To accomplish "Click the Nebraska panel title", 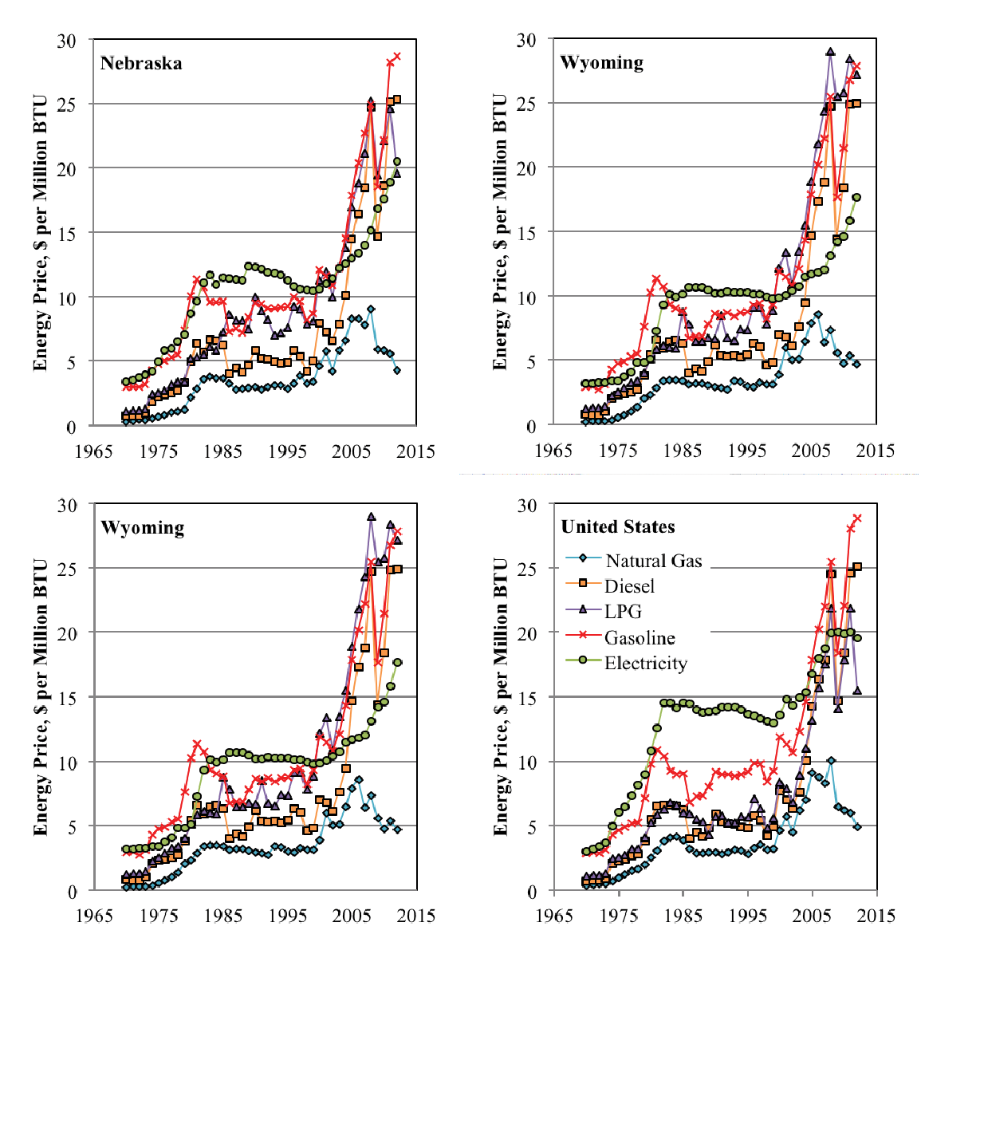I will pos(141,64).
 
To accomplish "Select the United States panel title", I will pos(618,527).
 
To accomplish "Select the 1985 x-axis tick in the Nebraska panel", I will pos(223,451).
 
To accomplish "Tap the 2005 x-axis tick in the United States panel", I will pos(812,916).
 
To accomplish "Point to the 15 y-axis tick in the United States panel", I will pos(526,698).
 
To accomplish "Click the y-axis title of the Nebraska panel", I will pos(40,233).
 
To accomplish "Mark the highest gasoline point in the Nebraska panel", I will pos(397,57).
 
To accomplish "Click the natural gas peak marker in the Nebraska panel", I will pos(371,309).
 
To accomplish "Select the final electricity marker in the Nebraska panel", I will pos(397,162).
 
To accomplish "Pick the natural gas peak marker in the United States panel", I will pos(831,761).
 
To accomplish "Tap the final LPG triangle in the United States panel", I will pos(857,691).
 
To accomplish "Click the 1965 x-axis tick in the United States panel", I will pos(554,916).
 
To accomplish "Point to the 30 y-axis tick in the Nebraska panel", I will pos(66,41).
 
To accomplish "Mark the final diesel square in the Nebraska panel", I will pos(397,100).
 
